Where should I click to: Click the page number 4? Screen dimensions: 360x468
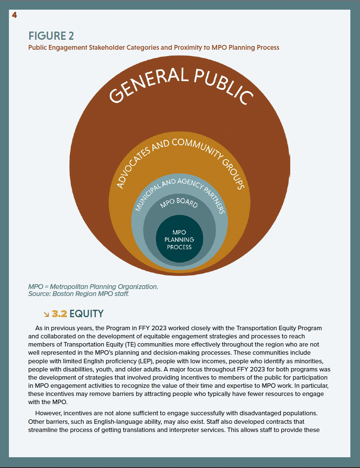[x=14, y=15]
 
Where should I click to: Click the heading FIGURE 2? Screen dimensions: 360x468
[x=51, y=36]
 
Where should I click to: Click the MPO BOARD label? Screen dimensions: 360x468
[x=179, y=202]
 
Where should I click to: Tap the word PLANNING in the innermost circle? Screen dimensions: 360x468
[x=179, y=240]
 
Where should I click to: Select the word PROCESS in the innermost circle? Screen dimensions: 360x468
[x=179, y=247]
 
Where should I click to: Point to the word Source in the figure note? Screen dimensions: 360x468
[x=39, y=294]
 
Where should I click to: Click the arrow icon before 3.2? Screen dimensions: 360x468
[x=46, y=315]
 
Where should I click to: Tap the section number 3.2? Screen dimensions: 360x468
[x=59, y=314]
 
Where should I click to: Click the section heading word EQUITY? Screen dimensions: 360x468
[x=86, y=314]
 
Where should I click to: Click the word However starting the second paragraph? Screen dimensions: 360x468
[x=48, y=413]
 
